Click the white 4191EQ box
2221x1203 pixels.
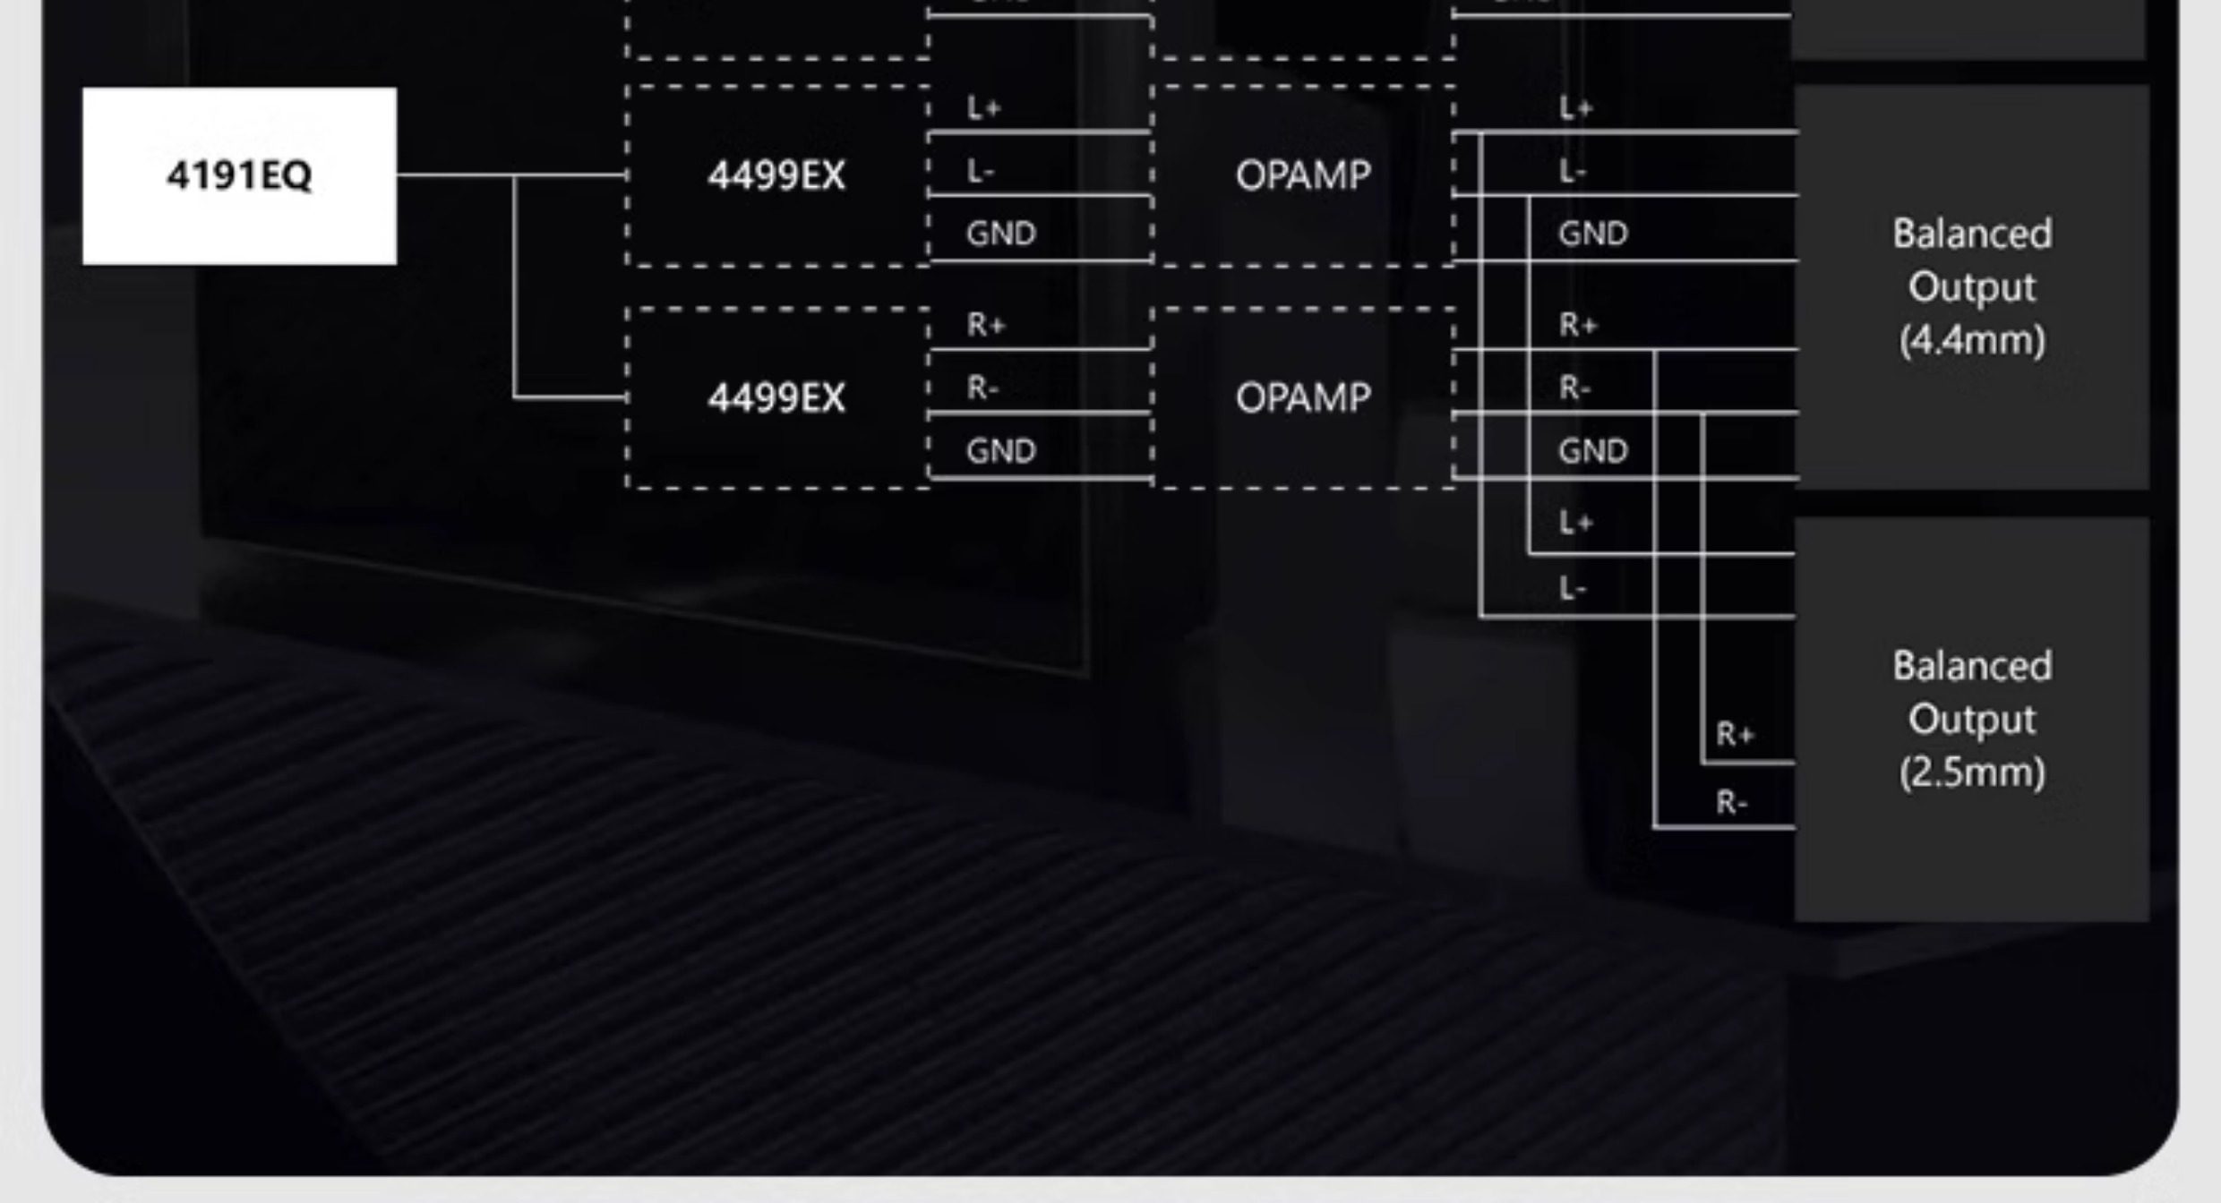239,175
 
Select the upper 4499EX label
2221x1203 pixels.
776,175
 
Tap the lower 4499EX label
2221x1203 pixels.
776,397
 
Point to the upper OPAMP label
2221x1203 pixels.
1303,175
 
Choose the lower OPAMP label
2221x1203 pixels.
1303,397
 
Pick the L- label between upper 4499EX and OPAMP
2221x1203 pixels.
981,171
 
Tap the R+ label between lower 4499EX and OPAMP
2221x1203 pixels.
986,325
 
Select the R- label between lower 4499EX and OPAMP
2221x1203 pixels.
982,388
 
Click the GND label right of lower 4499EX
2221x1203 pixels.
1000,451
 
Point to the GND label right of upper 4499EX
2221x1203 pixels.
1000,235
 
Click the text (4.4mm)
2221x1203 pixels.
1972,340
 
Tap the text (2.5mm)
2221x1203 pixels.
1972,772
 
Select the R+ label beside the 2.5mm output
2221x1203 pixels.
1735,735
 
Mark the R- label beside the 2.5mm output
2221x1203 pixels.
1732,803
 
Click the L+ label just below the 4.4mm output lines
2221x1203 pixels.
1575,522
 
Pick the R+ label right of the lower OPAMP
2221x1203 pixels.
1578,325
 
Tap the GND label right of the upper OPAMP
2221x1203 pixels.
1592,235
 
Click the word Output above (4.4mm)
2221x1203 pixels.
1972,287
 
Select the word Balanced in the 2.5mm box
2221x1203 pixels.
1972,667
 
